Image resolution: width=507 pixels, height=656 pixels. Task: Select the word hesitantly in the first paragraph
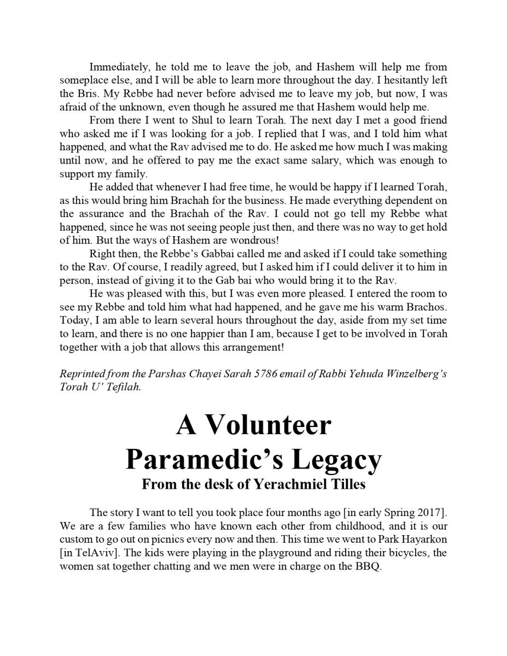pyautogui.click(x=398, y=80)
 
